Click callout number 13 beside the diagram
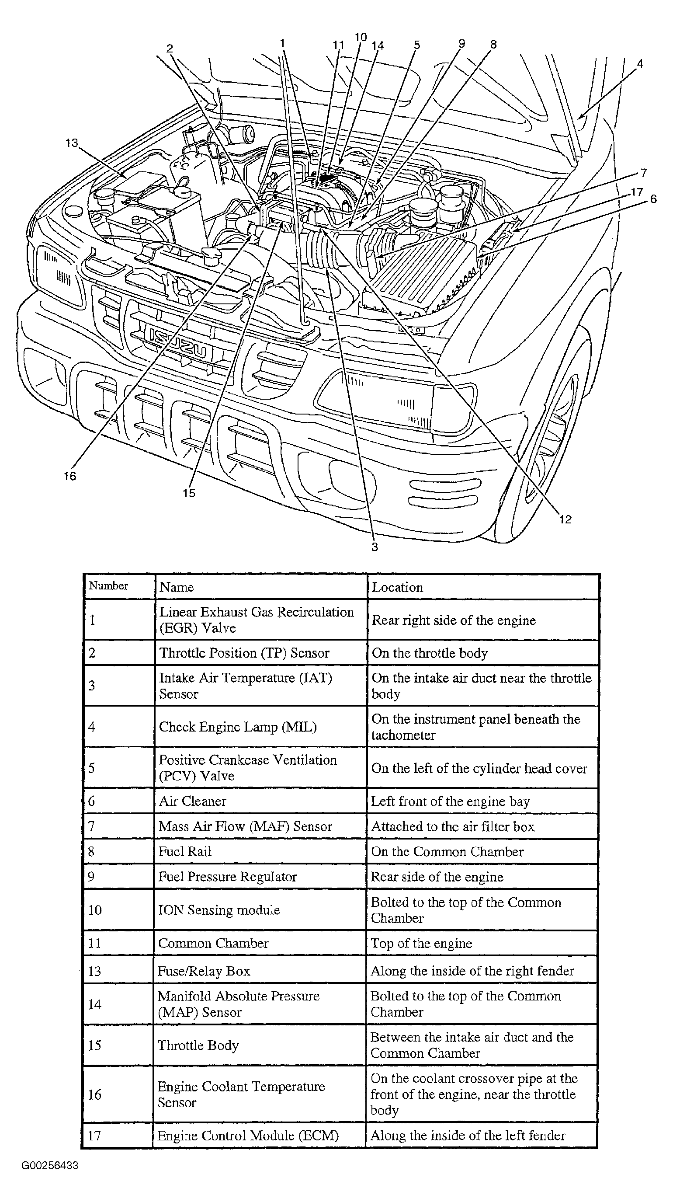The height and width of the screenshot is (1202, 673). click(71, 143)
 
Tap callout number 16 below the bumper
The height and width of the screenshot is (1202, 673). click(69, 476)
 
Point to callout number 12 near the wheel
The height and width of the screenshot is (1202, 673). click(565, 519)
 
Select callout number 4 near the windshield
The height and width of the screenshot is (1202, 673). click(640, 63)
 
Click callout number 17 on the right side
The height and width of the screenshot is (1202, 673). click(637, 192)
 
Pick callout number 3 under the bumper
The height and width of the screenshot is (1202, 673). click(375, 547)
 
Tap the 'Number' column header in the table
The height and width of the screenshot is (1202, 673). click(108, 585)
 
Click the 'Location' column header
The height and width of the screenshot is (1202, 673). click(397, 587)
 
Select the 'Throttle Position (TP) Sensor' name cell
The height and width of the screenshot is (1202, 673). click(244, 652)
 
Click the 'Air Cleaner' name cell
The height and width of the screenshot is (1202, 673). click(193, 801)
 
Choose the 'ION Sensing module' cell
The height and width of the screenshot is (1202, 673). click(219, 909)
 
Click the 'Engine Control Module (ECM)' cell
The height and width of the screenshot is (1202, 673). click(248, 1135)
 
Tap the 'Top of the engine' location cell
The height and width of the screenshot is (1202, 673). click(421, 943)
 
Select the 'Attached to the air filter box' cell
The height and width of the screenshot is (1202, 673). click(452, 826)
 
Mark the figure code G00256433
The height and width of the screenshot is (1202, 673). click(50, 1166)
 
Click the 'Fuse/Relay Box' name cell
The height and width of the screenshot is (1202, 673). click(204, 971)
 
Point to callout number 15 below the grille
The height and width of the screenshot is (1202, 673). click(188, 493)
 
